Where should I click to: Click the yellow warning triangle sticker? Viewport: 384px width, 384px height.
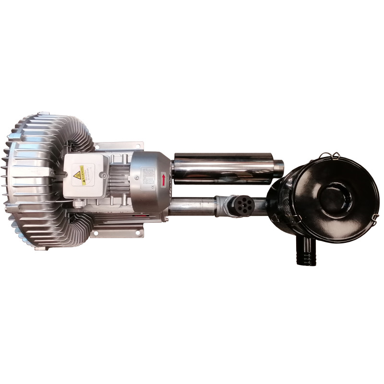[77, 175]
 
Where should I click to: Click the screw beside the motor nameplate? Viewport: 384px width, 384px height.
[137, 178]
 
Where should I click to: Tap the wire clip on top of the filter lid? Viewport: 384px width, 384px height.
[331, 156]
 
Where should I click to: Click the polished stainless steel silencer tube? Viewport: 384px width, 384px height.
[223, 168]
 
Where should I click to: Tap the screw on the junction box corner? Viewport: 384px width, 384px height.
[104, 176]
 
